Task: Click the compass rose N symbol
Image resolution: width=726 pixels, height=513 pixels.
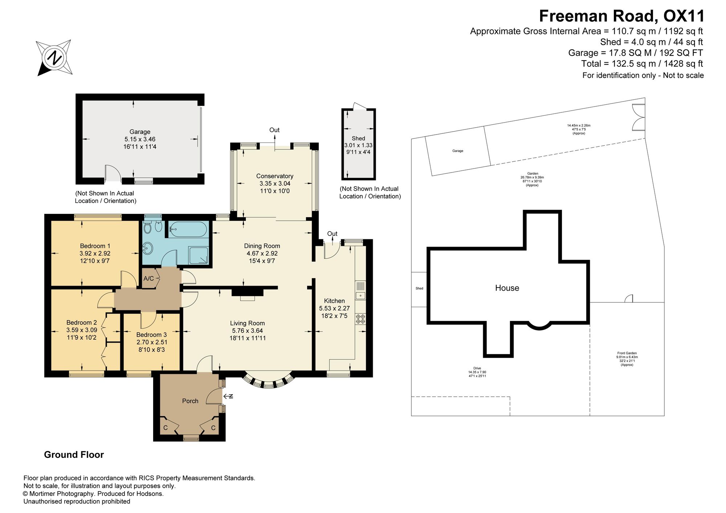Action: point(54,58)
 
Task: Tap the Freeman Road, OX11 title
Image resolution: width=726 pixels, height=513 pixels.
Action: point(622,16)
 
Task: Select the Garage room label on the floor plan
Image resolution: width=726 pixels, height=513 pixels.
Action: point(140,132)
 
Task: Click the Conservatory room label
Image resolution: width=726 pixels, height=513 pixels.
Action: point(275,176)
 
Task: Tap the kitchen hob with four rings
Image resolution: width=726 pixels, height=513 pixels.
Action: point(360,319)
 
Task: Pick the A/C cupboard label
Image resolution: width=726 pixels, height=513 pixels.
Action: point(149,279)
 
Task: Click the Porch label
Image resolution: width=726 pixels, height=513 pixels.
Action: point(190,401)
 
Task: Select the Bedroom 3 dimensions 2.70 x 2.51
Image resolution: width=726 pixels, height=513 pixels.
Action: point(152,342)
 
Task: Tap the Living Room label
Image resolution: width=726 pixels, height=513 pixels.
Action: point(248,323)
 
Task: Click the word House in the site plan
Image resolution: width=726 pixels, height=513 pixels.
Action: point(507,288)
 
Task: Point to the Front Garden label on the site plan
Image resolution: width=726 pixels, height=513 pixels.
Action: point(627,353)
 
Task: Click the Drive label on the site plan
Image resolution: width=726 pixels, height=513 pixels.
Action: point(477,368)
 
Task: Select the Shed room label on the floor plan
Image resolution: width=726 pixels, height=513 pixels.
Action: point(358,138)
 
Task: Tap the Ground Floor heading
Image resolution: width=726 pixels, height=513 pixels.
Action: point(74,455)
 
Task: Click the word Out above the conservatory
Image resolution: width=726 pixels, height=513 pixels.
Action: point(274,130)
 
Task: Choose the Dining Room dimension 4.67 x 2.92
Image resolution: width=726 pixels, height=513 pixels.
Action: point(262,253)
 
